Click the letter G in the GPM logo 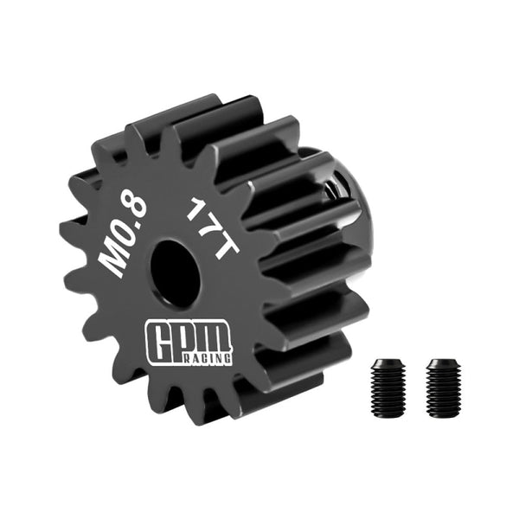[x=158, y=338]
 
